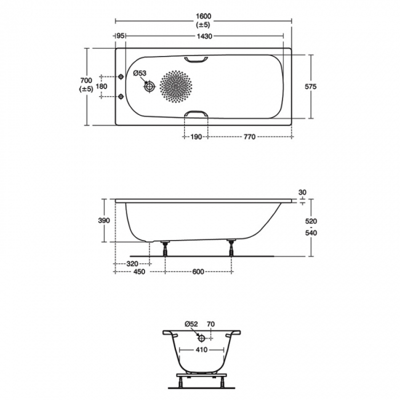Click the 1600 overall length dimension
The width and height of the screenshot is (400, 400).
[x=204, y=17]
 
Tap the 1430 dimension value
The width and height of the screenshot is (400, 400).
[x=204, y=36]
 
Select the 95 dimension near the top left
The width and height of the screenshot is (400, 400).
[x=120, y=36]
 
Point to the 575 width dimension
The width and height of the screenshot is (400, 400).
[x=311, y=87]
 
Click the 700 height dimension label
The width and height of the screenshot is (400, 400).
[x=86, y=81]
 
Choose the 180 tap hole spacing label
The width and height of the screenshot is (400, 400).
[x=102, y=87]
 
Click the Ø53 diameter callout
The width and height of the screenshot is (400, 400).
[x=140, y=73]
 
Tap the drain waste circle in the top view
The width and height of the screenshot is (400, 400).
[x=150, y=87]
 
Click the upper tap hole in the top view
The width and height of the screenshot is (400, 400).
[x=121, y=76]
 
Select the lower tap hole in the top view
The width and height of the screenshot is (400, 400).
[x=121, y=97]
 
